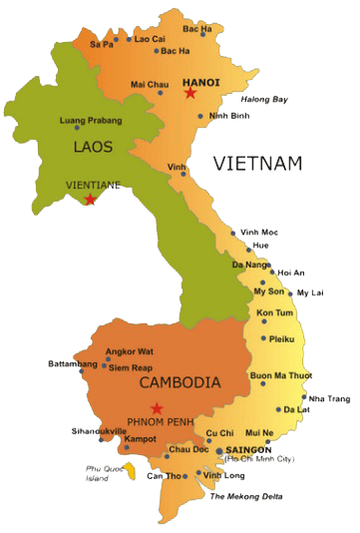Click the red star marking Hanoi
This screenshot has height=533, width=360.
[189, 93]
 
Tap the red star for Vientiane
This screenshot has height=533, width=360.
[91, 200]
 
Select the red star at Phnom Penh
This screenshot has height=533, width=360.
[156, 407]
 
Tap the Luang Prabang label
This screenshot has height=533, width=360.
[92, 121]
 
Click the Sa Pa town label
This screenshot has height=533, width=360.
[101, 44]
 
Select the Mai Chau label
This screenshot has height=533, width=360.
[150, 85]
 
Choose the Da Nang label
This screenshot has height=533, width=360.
[248, 265]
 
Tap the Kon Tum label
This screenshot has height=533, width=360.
[275, 312]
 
